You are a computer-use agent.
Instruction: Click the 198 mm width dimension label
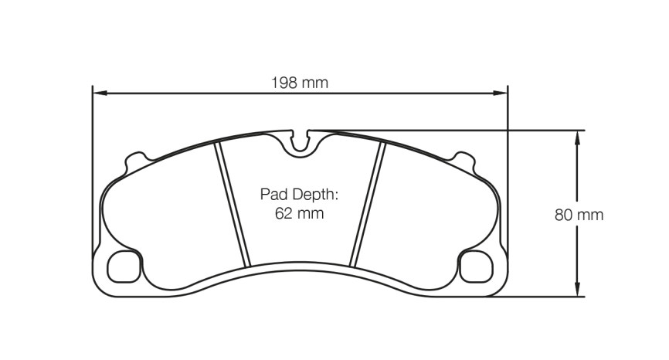(300, 83)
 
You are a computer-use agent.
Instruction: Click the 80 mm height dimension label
(579, 215)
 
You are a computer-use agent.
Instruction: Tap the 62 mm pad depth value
(300, 213)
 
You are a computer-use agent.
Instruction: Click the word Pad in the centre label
(271, 195)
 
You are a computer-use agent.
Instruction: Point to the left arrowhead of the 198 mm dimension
(100, 93)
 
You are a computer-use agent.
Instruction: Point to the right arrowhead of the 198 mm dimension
(501, 93)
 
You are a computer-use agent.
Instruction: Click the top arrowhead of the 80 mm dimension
(577, 138)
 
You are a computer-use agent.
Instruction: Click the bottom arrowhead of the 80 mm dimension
(577, 289)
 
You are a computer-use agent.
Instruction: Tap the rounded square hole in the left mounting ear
(124, 267)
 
